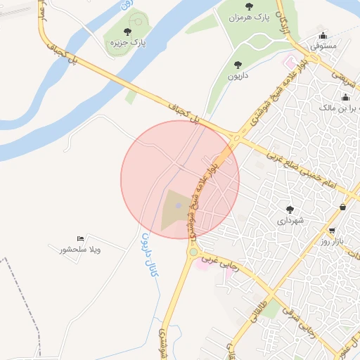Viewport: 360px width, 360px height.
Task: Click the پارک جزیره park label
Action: pyautogui.click(x=127, y=43)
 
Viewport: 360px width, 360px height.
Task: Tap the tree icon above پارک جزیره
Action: pyautogui.click(x=127, y=32)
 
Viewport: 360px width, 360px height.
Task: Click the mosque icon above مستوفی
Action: pyautogui.click(x=323, y=35)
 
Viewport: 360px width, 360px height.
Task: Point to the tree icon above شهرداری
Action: pyautogui.click(x=289, y=210)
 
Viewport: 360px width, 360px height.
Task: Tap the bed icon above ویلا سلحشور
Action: pyautogui.click(x=80, y=239)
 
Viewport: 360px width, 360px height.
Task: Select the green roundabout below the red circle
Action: pyautogui.click(x=193, y=251)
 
